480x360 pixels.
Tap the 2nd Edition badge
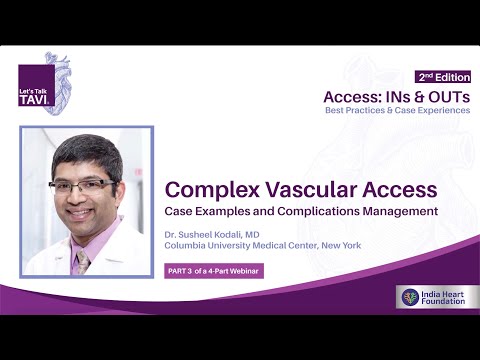(x=443, y=77)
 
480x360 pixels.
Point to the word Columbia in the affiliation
(x=187, y=246)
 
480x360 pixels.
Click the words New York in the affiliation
(x=338, y=246)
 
